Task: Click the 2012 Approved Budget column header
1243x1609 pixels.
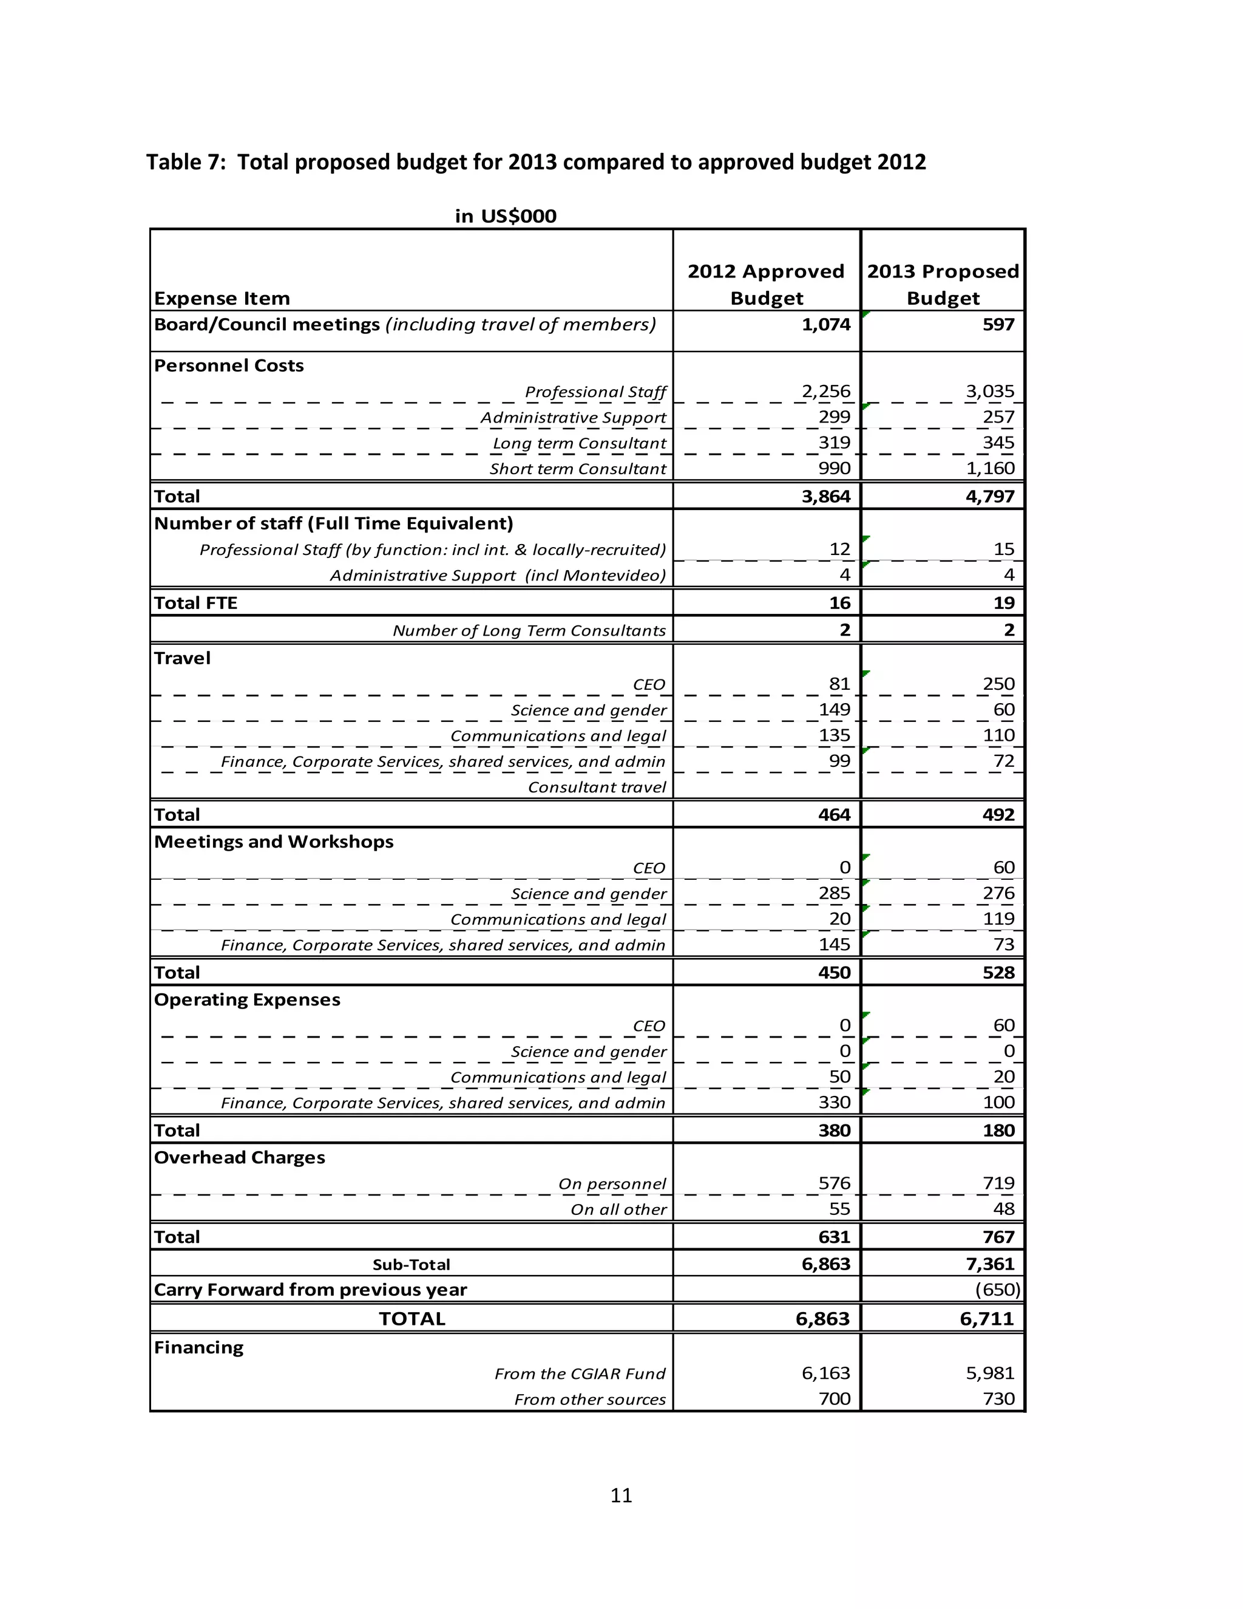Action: tap(766, 284)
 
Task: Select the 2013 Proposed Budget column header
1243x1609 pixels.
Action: tap(943, 284)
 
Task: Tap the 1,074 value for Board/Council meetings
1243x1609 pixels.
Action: tap(825, 325)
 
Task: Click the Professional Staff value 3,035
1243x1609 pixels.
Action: tap(990, 391)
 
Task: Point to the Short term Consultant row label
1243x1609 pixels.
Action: tap(577, 469)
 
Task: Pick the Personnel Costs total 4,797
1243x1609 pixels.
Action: tap(990, 496)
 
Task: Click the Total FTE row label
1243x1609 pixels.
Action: tap(195, 603)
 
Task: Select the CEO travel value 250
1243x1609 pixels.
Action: tap(998, 684)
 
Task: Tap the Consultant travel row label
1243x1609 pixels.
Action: tap(597, 787)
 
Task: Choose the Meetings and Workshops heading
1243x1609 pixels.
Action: tap(273, 842)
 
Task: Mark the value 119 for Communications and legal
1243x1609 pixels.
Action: tap(998, 919)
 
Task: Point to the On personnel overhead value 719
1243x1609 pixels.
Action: tap(998, 1183)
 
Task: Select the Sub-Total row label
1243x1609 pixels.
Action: tap(411, 1264)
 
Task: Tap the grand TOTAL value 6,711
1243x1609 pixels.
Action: tap(987, 1319)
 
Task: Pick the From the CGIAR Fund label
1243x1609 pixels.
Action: tap(580, 1373)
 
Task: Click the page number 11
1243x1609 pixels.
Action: tap(621, 1495)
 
